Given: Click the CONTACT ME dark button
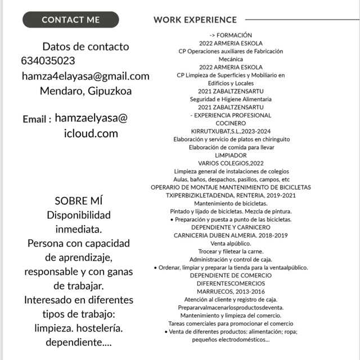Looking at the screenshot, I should [70, 20].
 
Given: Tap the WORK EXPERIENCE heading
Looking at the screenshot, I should [195, 20].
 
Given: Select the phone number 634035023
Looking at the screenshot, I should [48, 61].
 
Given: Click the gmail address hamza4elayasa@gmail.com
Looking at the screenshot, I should [85, 76].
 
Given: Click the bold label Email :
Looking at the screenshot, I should [37, 120].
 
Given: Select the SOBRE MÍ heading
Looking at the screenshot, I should [79, 201].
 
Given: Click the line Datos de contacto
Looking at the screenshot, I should [85, 46].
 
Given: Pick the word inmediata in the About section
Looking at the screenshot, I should [78, 229].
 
